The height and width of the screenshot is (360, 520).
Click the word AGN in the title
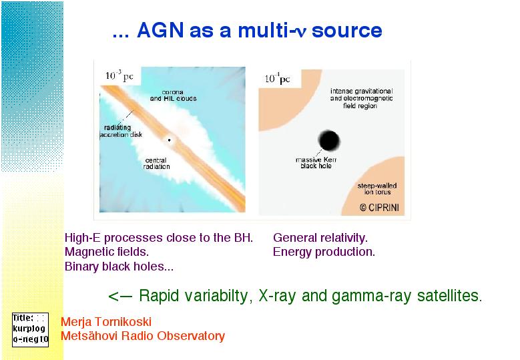pos(160,30)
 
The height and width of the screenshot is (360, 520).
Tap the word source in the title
pos(347,31)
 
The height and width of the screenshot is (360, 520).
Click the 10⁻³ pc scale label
pos(119,75)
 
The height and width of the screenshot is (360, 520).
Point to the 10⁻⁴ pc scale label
pos(277,78)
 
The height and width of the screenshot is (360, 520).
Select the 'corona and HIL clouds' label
pos(173,96)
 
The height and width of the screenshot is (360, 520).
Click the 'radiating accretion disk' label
pos(121,131)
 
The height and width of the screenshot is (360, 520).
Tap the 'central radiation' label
pos(156,163)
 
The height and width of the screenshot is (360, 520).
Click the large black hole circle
pos(329,140)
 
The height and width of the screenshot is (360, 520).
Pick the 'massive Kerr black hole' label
pos(316,162)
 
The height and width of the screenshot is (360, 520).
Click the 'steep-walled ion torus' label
pos(377,189)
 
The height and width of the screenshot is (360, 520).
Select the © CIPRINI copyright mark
pos(379,208)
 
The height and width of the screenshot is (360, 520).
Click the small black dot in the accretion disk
pos(169,140)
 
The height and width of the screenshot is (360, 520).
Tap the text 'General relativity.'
pos(320,238)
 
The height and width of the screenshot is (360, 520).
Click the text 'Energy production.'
pos(324,252)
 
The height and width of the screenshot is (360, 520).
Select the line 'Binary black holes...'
pos(119,266)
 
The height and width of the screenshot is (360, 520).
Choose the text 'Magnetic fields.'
pos(107,252)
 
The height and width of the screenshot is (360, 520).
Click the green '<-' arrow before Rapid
pos(120,296)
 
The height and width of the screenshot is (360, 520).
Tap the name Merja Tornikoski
pos(106,321)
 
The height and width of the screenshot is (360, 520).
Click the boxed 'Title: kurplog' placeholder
pos(30,330)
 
